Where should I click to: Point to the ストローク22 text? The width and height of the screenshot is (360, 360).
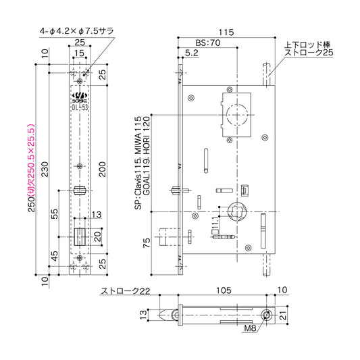(124, 291)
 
